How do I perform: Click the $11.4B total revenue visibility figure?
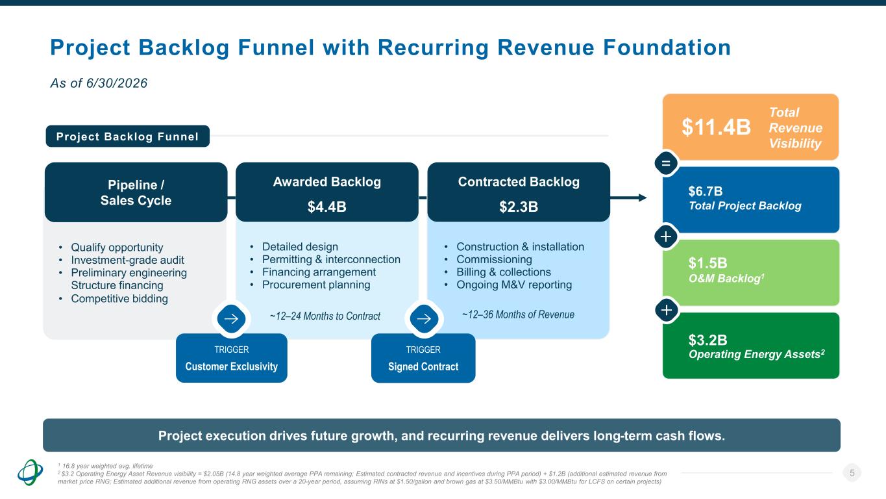(x=716, y=127)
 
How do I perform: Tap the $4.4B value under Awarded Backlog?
(x=326, y=207)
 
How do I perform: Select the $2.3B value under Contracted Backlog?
(x=519, y=207)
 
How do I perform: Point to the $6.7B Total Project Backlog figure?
(x=706, y=191)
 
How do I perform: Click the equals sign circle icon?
(x=666, y=163)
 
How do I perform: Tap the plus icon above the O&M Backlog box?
(x=666, y=237)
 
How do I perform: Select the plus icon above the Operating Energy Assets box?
(x=666, y=310)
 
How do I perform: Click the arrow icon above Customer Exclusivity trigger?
(x=231, y=319)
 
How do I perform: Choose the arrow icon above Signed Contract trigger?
(x=424, y=319)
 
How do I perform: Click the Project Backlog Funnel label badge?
(x=127, y=136)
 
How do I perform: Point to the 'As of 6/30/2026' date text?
(x=99, y=83)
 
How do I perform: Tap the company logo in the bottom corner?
(x=30, y=472)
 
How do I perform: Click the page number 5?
(x=852, y=473)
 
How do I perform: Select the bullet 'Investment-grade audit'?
(x=127, y=260)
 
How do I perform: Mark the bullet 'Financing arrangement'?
(x=319, y=272)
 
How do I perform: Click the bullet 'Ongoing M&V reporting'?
(x=514, y=285)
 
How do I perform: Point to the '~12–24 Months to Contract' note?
(x=325, y=316)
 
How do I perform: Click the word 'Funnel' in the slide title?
(x=276, y=47)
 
